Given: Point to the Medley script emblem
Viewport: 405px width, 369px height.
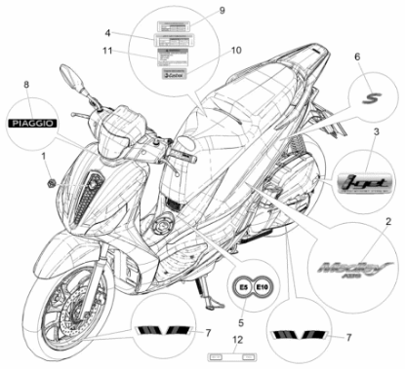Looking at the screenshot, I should [336, 269].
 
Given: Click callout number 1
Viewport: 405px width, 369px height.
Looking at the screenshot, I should [44, 155].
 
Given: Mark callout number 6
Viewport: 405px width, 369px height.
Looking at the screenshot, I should [356, 57].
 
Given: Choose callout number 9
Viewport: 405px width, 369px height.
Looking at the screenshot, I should [222, 10].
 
